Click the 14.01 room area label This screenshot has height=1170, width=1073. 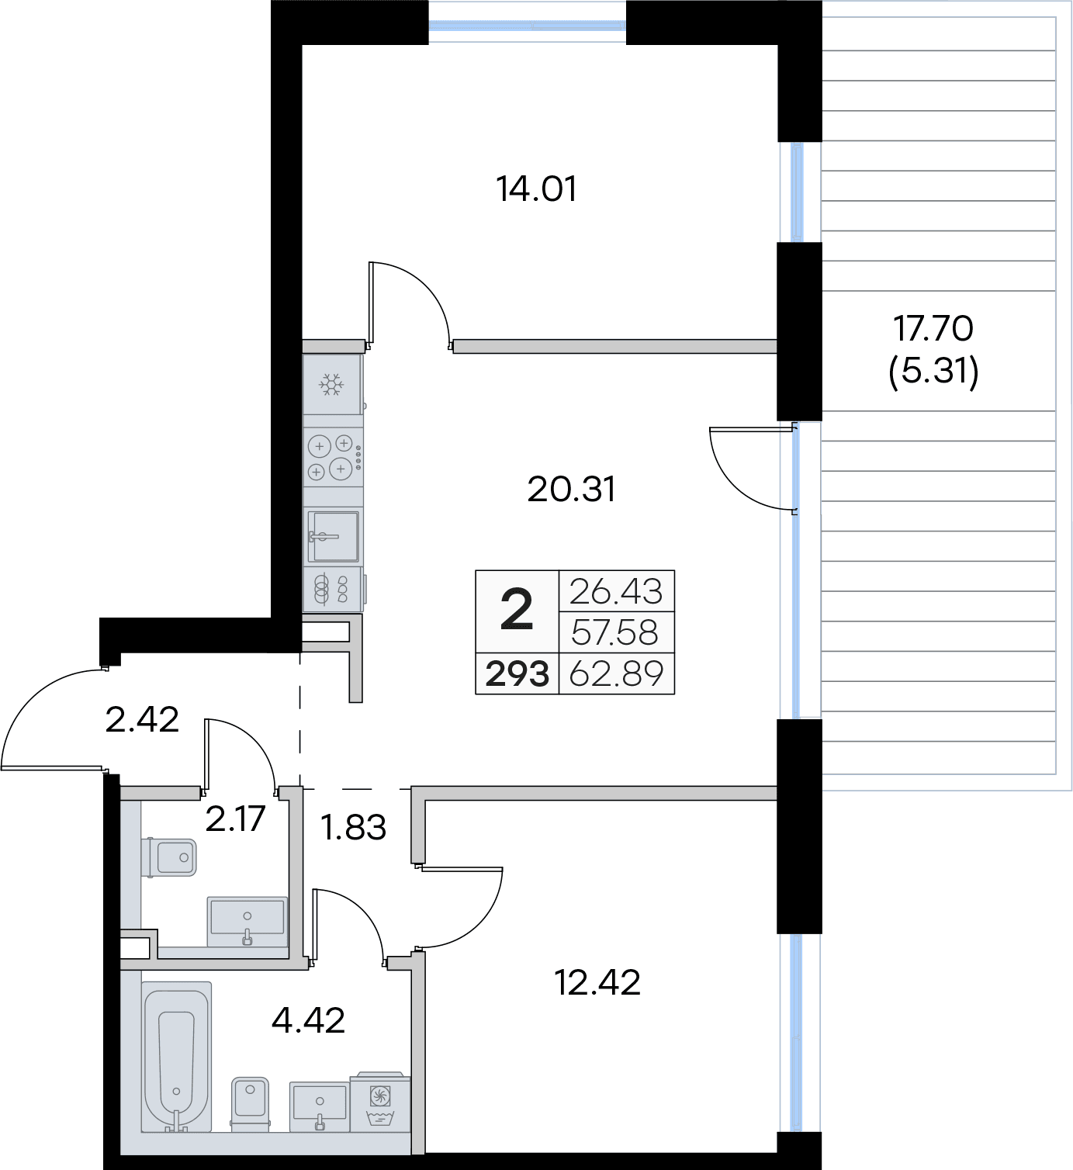(x=536, y=189)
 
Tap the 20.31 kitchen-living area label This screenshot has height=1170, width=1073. (x=571, y=489)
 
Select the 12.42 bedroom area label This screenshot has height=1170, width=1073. (x=597, y=982)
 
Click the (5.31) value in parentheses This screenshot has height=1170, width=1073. (x=933, y=370)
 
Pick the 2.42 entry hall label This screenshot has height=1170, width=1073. (x=142, y=719)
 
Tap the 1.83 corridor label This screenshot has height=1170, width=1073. (x=354, y=827)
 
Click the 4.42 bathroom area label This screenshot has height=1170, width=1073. (x=308, y=1020)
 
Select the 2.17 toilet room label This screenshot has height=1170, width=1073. (x=235, y=819)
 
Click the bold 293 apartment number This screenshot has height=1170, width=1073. (x=517, y=674)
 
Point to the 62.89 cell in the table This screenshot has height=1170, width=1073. (x=616, y=673)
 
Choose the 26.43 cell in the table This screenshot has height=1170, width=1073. (x=616, y=591)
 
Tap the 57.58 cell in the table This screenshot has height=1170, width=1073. (x=615, y=632)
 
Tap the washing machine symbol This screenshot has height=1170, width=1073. (x=380, y=1102)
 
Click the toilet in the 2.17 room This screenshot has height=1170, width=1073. (x=168, y=857)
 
